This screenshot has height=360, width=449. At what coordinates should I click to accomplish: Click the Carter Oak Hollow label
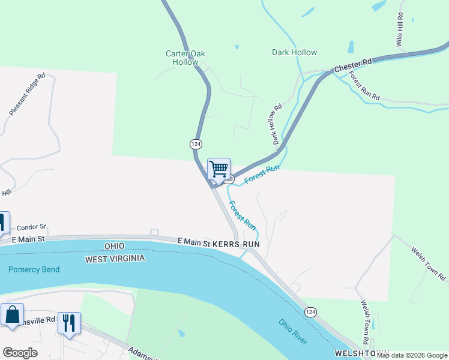point(185,58)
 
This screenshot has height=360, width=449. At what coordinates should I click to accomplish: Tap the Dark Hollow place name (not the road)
point(294,52)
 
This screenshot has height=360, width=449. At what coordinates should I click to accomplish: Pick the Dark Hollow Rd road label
point(276,125)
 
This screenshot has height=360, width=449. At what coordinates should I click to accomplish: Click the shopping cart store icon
point(219,168)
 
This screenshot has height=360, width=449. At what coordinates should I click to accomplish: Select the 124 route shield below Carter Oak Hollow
point(196,144)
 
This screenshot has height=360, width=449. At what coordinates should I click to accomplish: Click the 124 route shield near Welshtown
point(310,313)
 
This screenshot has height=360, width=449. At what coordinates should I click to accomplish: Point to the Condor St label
point(31,227)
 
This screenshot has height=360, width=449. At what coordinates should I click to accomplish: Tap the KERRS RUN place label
point(235,245)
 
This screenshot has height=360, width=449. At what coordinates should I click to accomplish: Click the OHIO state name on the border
point(113,247)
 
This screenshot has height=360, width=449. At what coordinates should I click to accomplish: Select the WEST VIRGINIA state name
point(115,259)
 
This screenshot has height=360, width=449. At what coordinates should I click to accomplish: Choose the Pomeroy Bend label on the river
point(34,269)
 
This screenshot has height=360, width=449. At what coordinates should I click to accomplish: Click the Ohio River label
point(293,331)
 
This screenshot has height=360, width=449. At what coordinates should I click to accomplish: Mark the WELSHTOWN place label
point(358,353)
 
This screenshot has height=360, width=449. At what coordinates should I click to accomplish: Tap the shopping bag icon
point(13,314)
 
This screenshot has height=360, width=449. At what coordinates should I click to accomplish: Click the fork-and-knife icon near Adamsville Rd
point(68,323)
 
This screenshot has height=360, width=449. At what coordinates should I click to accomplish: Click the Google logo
point(20,353)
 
